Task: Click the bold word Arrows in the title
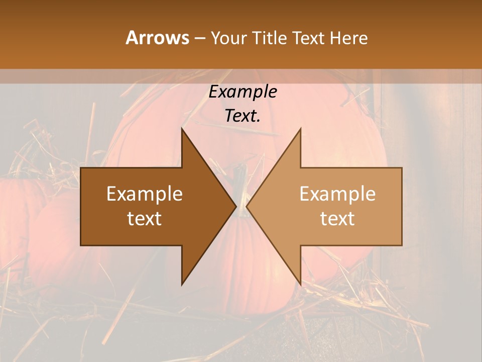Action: [x=157, y=38]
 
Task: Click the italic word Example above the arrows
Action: [x=243, y=92]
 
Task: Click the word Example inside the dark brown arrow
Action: [x=145, y=194]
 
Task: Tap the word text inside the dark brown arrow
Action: [x=145, y=219]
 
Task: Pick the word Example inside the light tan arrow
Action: [x=337, y=194]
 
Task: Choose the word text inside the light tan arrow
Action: [x=337, y=219]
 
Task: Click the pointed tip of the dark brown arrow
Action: [x=235, y=206]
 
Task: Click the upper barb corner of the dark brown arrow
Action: [x=182, y=129]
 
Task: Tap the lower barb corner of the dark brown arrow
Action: [x=182, y=285]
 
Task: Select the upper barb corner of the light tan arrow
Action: [x=300, y=129]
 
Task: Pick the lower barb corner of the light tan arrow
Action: [x=300, y=285]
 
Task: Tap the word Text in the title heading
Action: [x=309, y=38]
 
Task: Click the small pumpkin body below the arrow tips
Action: [x=241, y=261]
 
